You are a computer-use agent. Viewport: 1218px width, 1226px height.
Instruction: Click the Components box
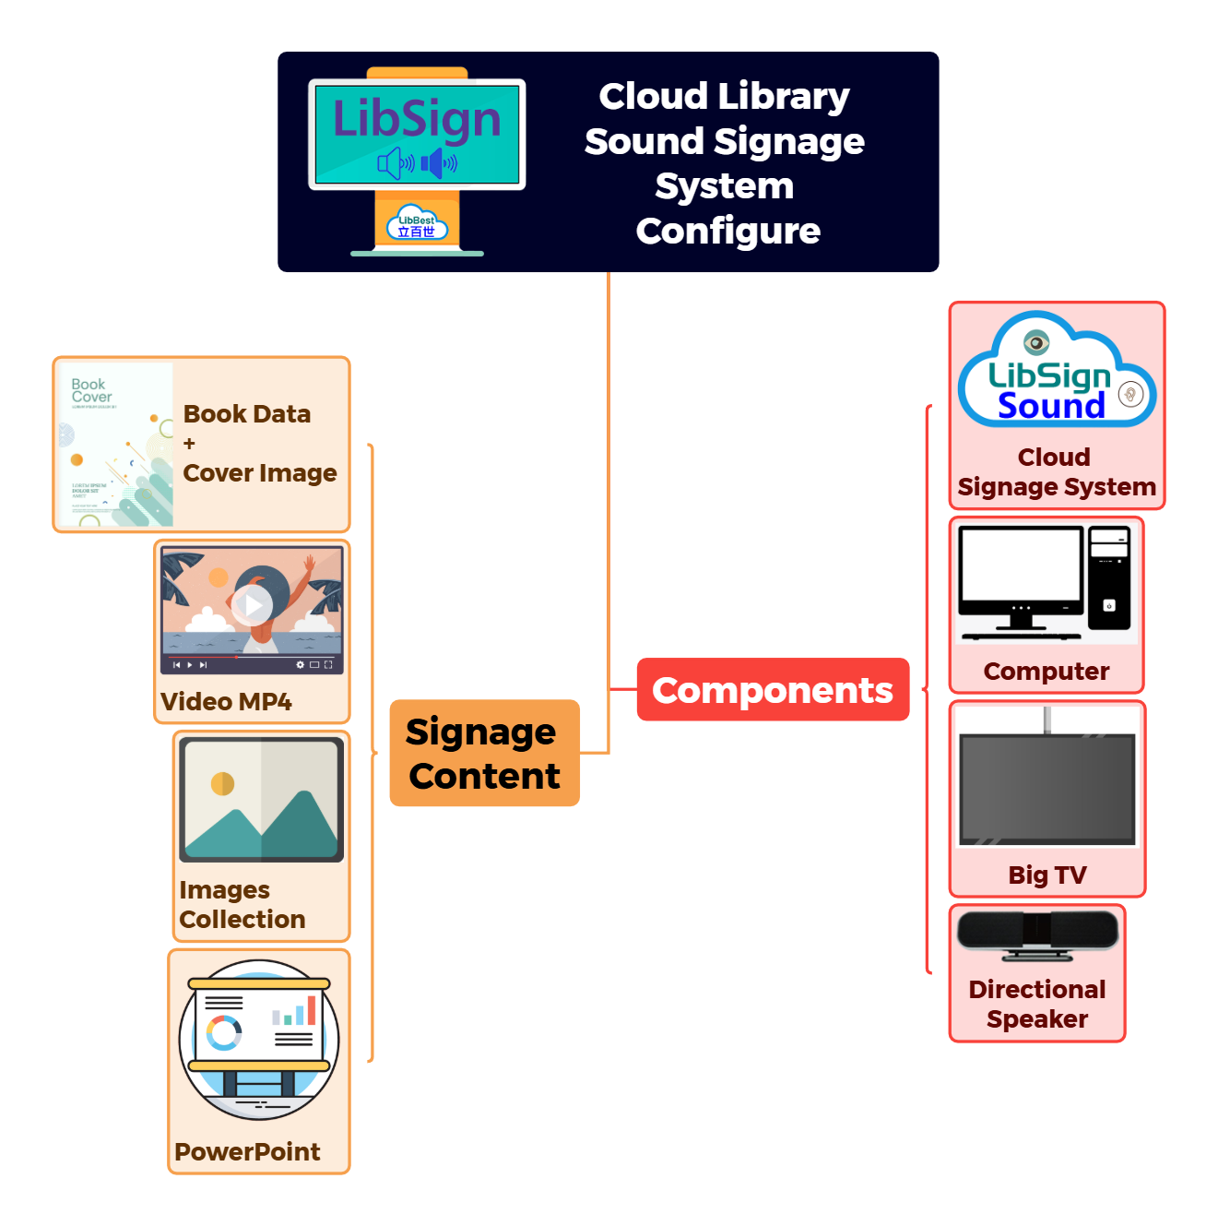(773, 690)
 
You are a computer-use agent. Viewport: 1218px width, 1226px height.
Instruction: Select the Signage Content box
(484, 754)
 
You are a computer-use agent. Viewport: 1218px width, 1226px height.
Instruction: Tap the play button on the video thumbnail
(252, 605)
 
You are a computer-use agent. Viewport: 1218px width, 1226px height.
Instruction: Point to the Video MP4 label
(226, 702)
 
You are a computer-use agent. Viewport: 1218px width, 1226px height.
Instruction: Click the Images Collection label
(242, 905)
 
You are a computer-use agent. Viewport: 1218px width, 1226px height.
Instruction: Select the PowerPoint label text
(247, 1152)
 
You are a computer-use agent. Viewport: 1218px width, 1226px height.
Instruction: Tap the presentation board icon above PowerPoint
(259, 1040)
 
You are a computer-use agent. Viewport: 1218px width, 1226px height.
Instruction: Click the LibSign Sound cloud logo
(1057, 374)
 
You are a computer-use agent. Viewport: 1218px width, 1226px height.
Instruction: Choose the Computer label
(1047, 672)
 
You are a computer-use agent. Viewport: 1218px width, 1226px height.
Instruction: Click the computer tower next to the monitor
(1109, 578)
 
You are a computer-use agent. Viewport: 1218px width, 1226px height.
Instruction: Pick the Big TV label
(1047, 875)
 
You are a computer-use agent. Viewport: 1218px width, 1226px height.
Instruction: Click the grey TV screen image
(1047, 787)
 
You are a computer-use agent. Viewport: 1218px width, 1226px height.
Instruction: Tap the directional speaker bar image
(1038, 934)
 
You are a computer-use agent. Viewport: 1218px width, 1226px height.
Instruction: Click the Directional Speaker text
(1037, 1005)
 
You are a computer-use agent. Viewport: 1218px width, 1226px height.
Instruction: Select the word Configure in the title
(727, 232)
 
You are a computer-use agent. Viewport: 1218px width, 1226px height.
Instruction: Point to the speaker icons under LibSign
(418, 164)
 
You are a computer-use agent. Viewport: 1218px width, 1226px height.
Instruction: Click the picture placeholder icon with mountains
(261, 799)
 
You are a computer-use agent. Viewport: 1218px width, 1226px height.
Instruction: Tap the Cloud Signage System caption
(1057, 472)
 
